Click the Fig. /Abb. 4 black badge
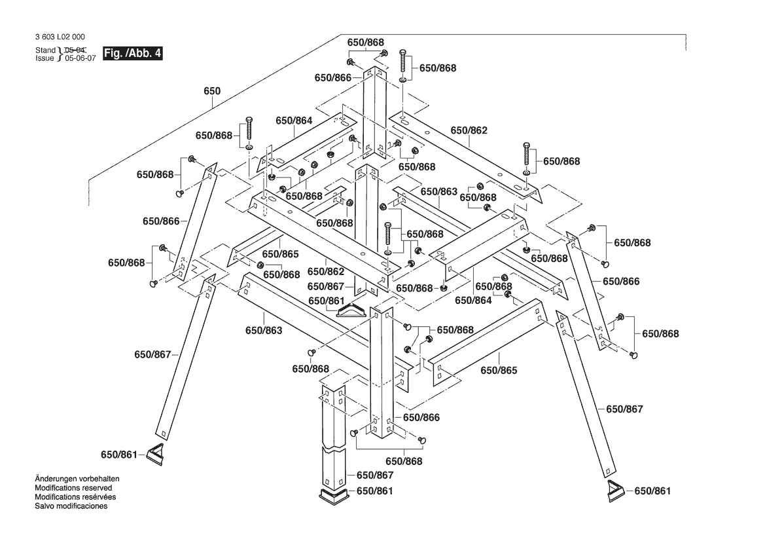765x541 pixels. point(133,54)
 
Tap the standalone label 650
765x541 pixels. point(211,92)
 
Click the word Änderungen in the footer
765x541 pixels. point(59,479)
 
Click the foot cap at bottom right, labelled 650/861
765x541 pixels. point(615,490)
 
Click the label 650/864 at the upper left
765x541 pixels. point(294,121)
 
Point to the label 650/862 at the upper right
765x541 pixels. point(469,131)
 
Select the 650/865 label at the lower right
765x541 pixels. point(499,371)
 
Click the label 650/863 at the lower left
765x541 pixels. point(264,331)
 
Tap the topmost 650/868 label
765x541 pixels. point(365,43)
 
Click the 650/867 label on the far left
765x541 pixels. point(152,354)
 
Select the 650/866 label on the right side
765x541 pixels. point(621,282)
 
